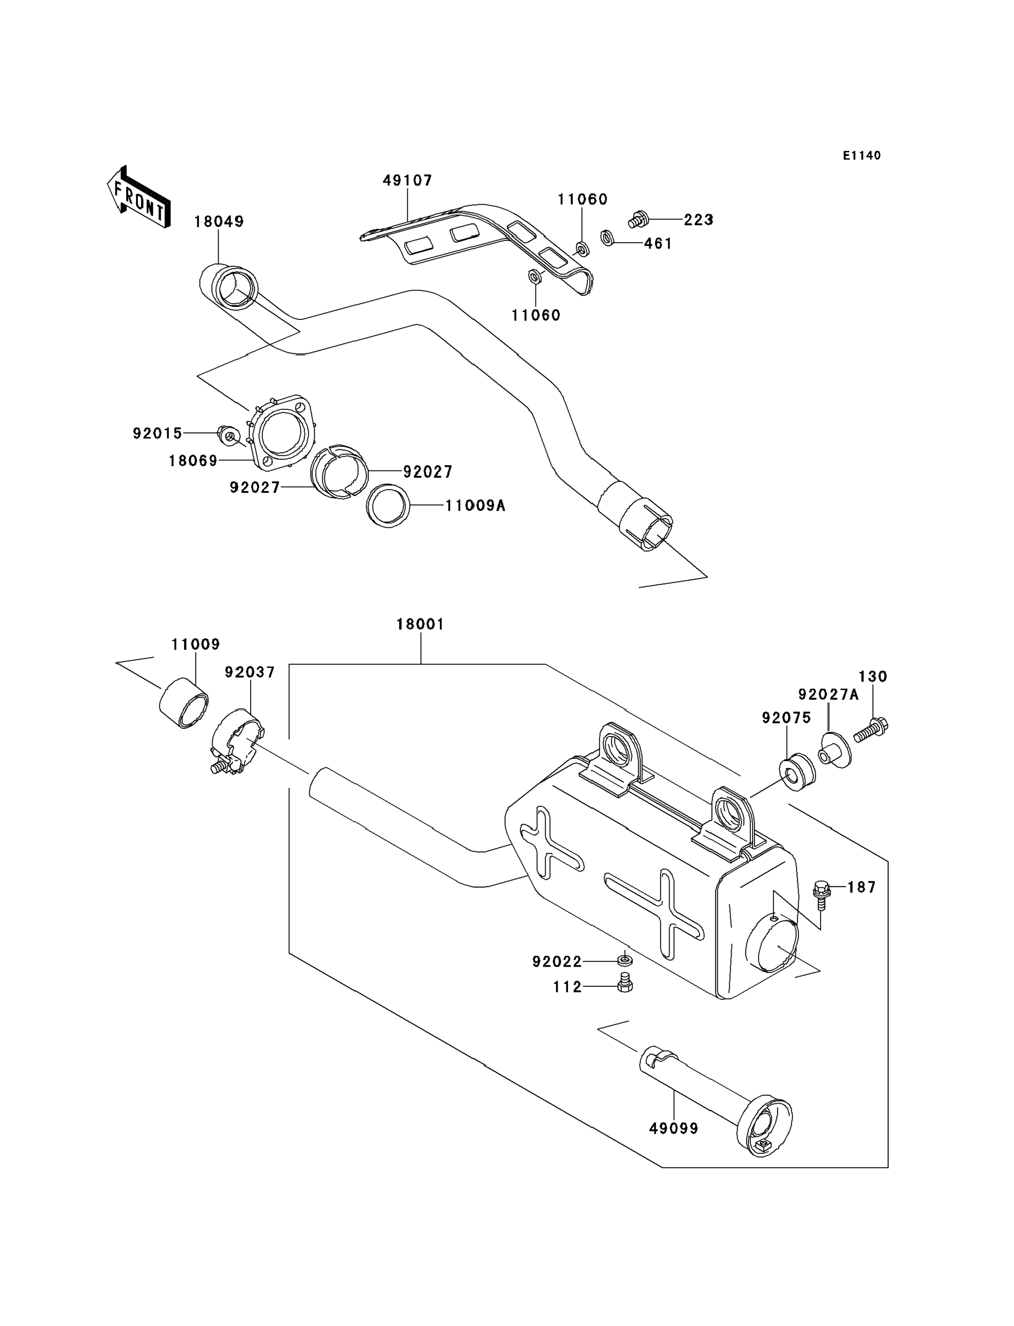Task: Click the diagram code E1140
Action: coord(862,156)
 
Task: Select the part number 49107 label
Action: coord(407,180)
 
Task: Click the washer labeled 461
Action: coord(608,238)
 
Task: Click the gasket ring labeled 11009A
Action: coord(388,505)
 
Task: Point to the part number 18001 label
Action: coord(420,624)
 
